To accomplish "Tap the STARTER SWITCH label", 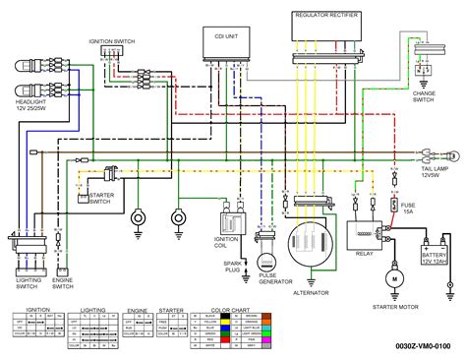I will click(x=101, y=198).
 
